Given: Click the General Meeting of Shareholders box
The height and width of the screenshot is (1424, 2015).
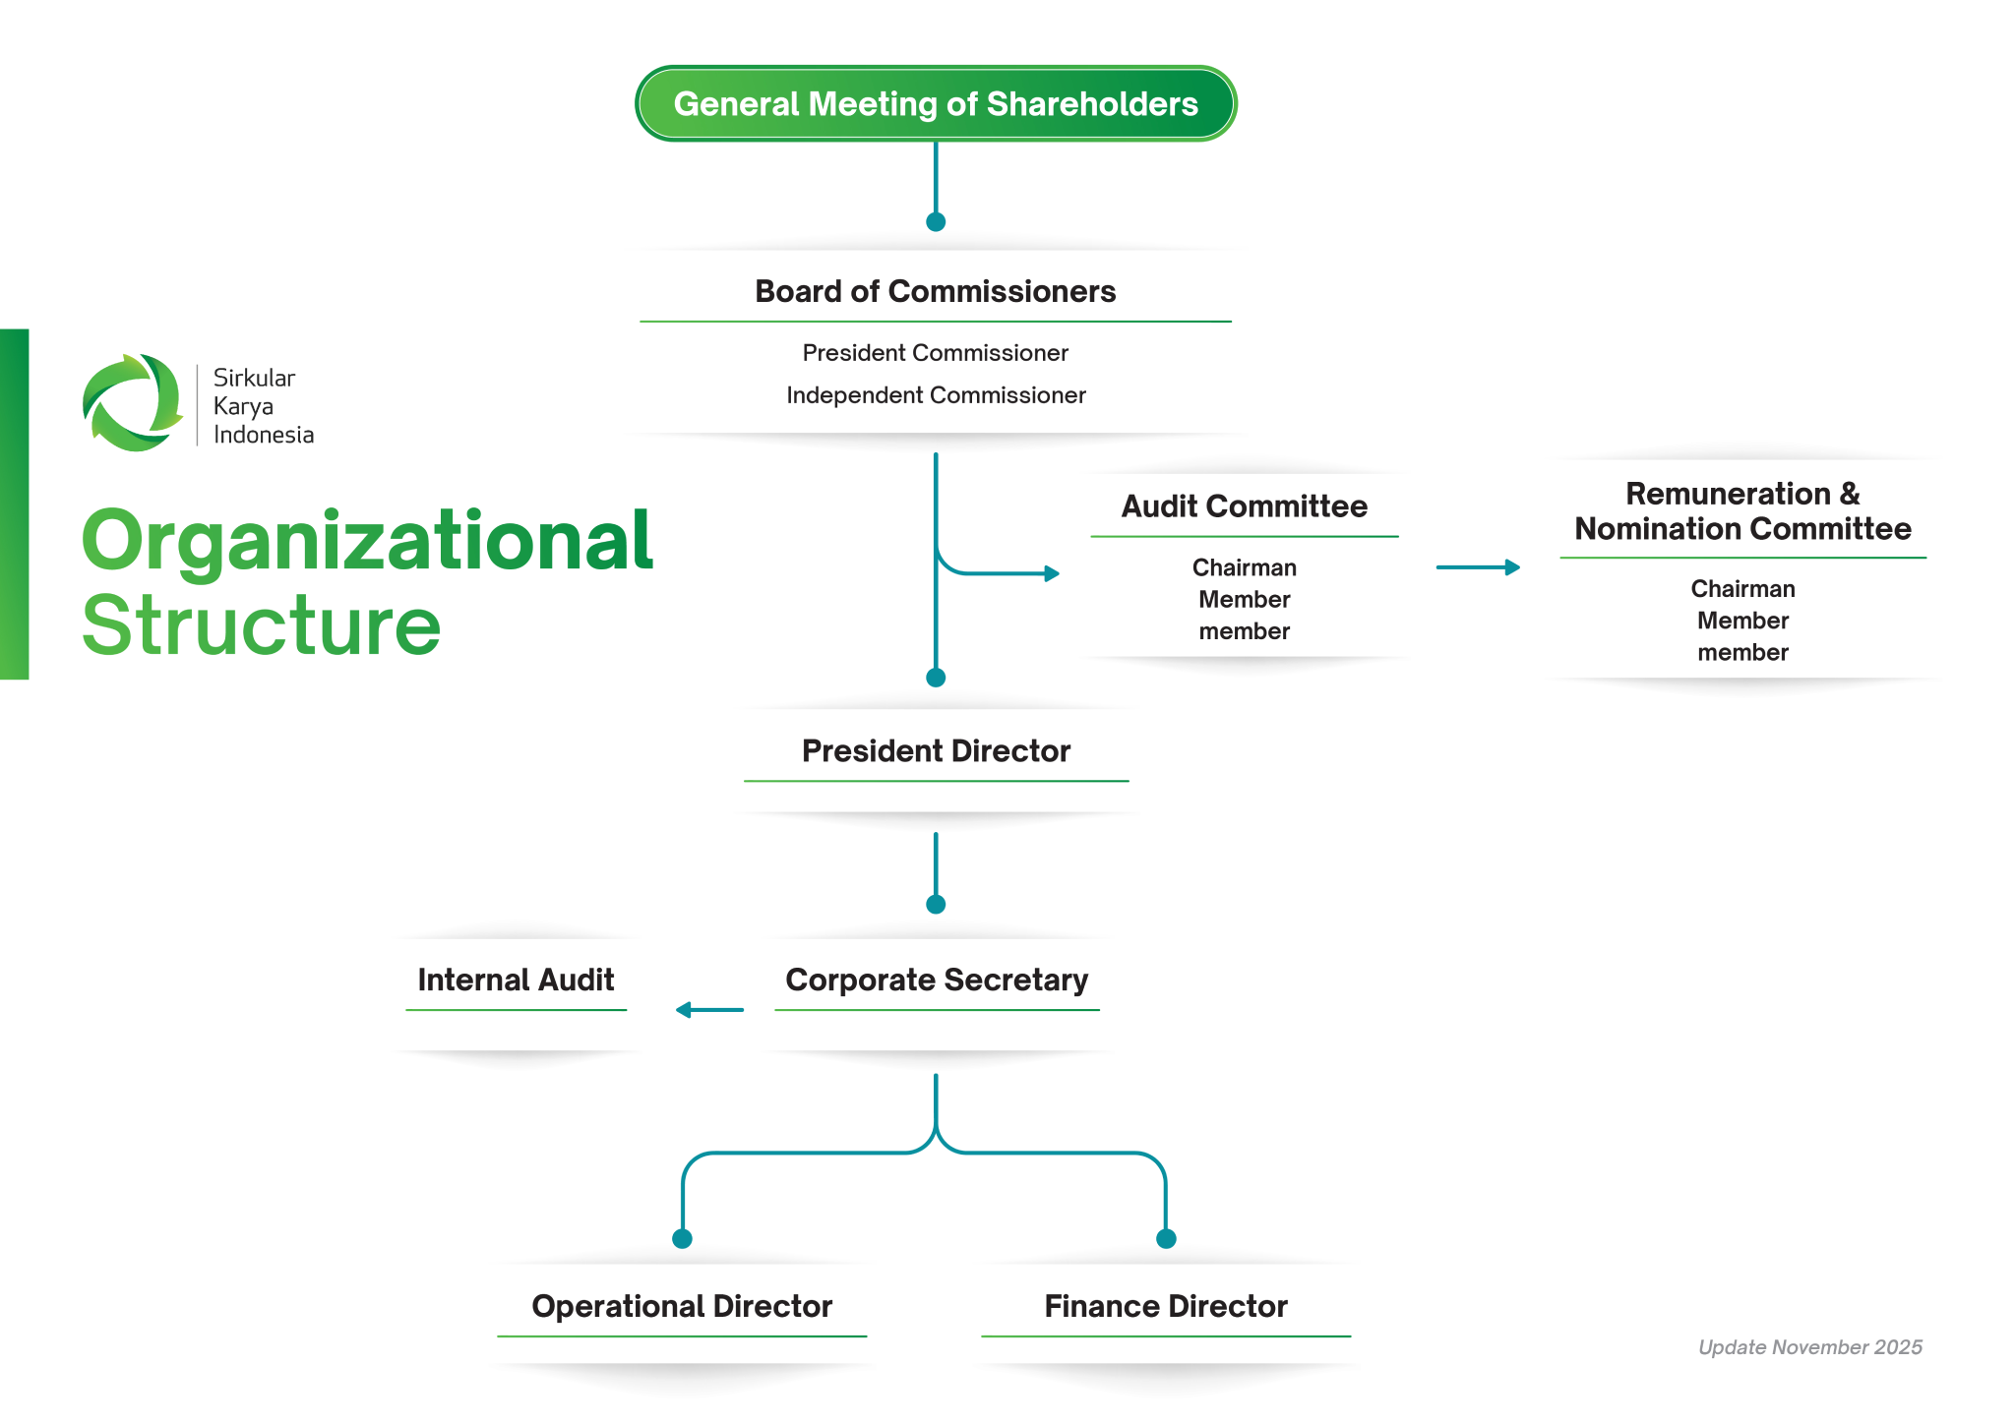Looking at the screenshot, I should [936, 103].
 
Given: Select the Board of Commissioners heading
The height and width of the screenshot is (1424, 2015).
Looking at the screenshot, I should [935, 291].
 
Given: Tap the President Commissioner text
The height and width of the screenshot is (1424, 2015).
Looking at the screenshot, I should [935, 353].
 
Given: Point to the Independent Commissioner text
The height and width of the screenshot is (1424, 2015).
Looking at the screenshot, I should [936, 395].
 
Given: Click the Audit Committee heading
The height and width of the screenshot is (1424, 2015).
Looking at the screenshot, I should [1244, 506].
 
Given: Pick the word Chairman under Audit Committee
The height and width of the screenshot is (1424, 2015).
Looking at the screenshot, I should [1244, 567].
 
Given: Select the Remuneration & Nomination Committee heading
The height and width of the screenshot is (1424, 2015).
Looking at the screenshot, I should [1742, 511].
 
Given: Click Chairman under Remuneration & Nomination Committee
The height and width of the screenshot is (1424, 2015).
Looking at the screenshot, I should [1742, 589].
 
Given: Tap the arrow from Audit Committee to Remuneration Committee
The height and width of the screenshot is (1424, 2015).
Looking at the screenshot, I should [1478, 567].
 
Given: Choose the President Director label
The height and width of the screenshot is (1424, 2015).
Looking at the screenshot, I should [936, 751].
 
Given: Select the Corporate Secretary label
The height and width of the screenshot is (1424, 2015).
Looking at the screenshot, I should [937, 980].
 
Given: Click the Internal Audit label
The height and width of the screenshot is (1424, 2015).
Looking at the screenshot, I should [516, 980].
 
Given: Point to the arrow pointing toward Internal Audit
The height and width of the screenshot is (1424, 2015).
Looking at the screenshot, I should [709, 1010].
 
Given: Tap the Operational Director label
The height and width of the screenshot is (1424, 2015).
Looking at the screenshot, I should [682, 1306].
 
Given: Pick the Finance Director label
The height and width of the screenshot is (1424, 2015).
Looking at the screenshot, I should [1166, 1306].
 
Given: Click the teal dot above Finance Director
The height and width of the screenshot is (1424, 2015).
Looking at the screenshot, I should [1166, 1238].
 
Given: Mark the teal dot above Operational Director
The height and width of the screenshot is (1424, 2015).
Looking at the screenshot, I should [682, 1238].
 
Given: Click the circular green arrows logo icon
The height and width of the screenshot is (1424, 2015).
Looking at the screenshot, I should [133, 403].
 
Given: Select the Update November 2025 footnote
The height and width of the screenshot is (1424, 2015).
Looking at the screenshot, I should [1809, 1347].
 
